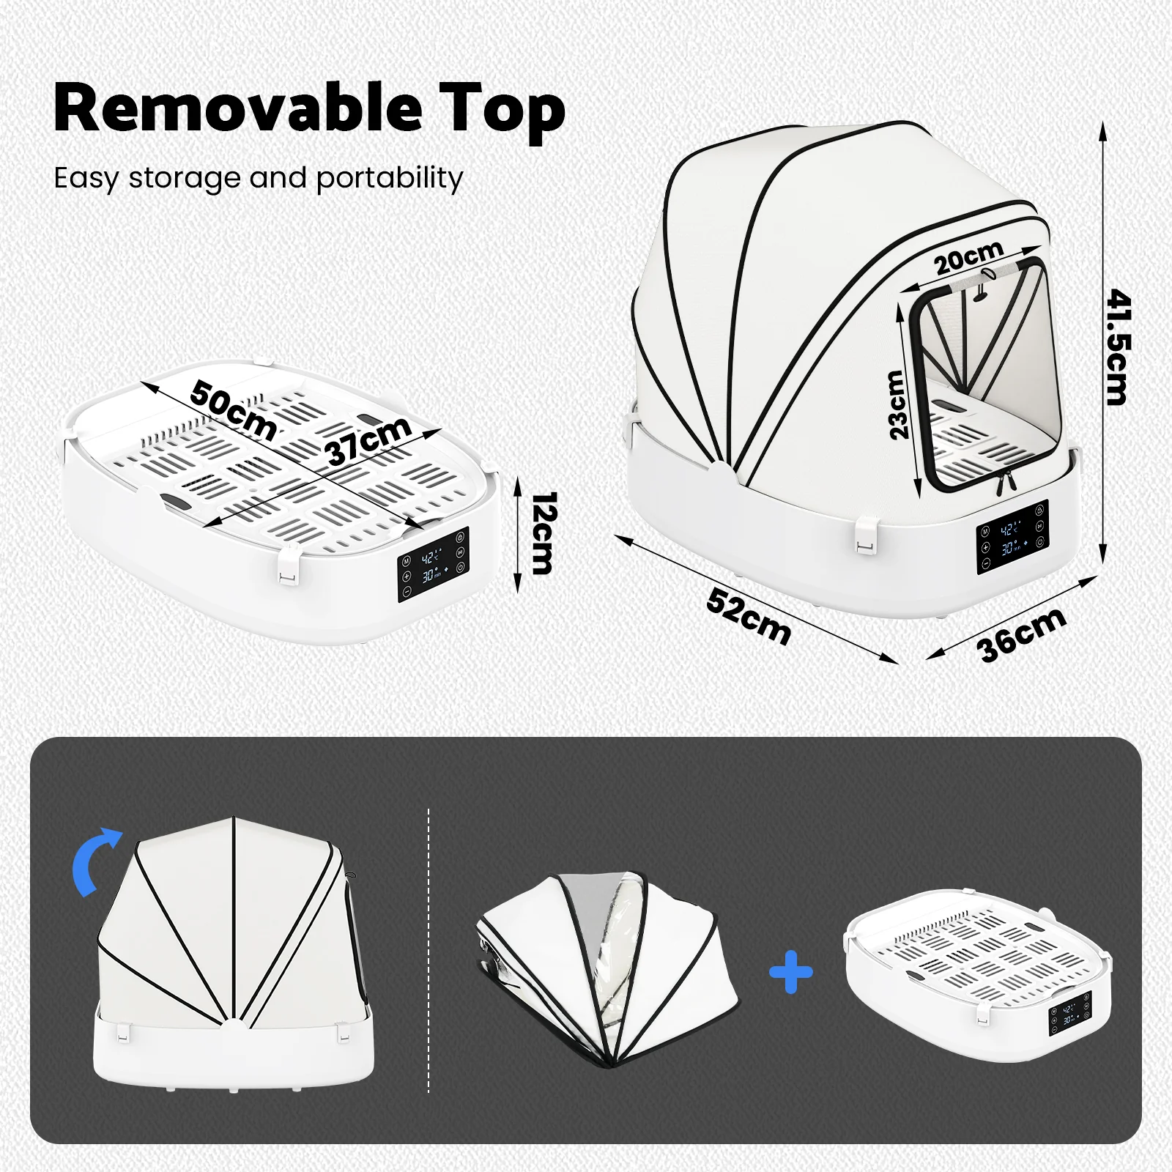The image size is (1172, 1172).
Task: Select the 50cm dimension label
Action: [x=233, y=412]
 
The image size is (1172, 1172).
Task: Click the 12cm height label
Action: [x=543, y=533]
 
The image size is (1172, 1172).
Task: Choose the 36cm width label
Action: [x=1021, y=634]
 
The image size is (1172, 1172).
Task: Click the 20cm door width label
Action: [x=968, y=258]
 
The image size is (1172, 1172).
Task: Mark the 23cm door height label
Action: [x=897, y=404]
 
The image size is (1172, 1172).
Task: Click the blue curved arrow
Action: [x=95, y=861]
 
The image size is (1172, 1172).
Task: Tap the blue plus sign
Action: [x=791, y=972]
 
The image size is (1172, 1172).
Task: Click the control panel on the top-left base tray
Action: [x=433, y=564]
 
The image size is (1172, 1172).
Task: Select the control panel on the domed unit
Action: [x=1012, y=538]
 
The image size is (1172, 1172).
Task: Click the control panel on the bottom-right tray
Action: [x=1070, y=1015]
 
